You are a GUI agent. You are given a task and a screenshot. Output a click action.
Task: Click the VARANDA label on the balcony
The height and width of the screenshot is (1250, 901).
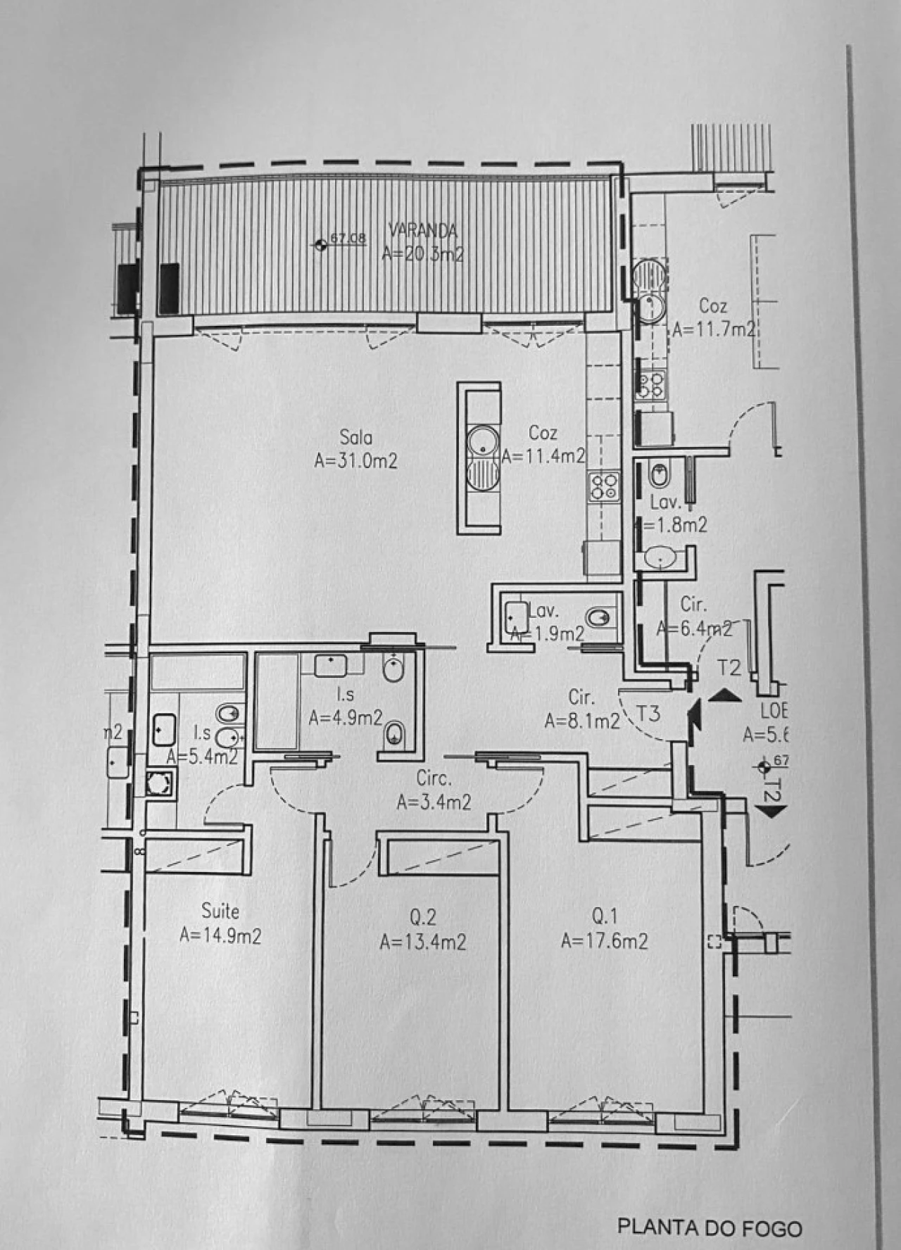(423, 229)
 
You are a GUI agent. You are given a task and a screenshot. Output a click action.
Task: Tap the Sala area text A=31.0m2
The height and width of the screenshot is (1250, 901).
(356, 461)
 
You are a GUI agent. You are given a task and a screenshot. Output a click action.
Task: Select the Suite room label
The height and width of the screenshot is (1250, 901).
(220, 911)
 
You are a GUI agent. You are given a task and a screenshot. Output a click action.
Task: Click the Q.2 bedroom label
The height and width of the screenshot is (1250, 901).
(422, 916)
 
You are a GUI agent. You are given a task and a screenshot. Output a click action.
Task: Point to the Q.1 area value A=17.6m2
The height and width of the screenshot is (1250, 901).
(605, 941)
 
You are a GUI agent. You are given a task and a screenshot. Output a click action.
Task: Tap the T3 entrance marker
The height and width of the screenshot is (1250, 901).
(648, 714)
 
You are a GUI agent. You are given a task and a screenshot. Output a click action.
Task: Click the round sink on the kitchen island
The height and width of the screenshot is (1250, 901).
(483, 442)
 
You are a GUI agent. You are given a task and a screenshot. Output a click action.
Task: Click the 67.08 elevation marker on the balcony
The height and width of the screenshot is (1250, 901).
(321, 244)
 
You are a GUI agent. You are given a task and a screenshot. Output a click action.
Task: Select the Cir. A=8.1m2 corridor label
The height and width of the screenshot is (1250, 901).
(581, 709)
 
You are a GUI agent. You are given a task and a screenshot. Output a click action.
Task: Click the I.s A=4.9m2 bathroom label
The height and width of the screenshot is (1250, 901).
(346, 707)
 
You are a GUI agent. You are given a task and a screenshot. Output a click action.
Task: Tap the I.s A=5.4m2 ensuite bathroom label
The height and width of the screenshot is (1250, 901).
(202, 745)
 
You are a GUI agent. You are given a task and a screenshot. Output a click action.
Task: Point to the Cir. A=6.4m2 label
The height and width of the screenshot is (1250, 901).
(693, 617)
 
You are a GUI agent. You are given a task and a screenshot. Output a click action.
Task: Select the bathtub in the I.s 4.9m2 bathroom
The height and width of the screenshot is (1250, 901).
(276, 701)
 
